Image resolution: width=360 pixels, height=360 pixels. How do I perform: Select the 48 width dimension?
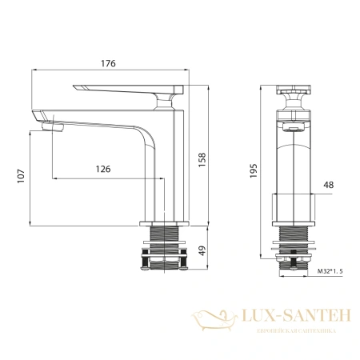pos(326,186)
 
